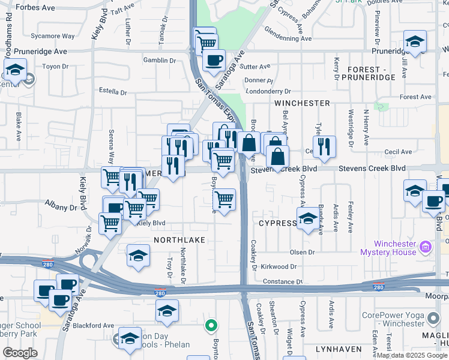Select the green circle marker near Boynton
point(211,326)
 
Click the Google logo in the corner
point(20,353)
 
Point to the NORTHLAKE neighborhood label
point(179,239)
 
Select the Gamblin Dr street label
point(159,60)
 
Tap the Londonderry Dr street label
point(268,92)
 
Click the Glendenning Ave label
point(288,38)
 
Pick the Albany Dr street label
point(61,208)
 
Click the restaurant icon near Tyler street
point(324,146)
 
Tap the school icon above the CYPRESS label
point(308,219)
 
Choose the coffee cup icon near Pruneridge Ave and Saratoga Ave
point(214,59)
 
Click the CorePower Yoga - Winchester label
point(401,319)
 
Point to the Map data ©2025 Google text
point(412,355)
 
